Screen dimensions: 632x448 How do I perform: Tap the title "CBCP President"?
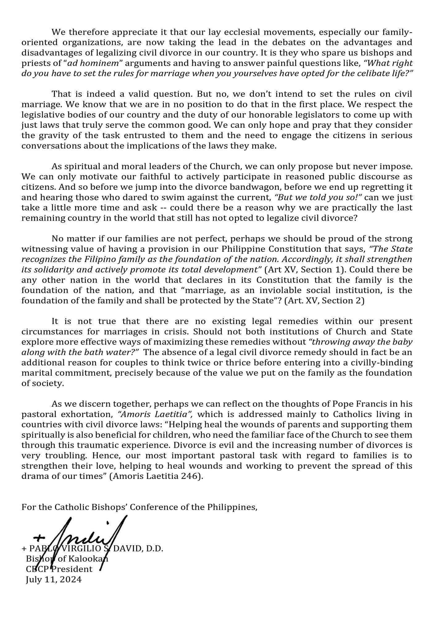[x=59, y=569]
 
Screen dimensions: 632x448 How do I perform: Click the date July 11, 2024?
[x=54, y=579]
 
